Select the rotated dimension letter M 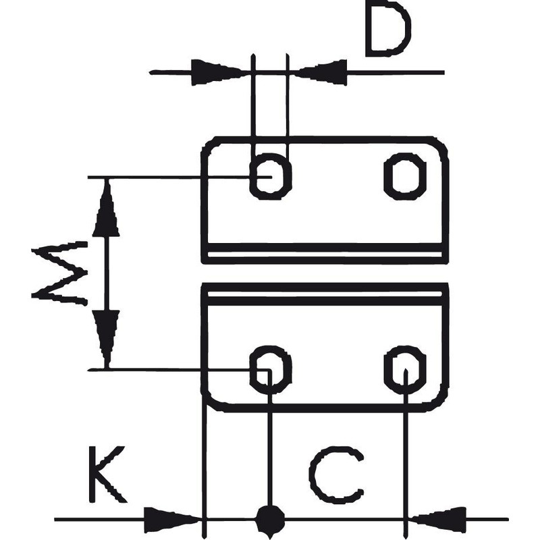[x=60, y=273]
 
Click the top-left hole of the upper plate [x=270, y=176]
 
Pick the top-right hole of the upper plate [x=405, y=176]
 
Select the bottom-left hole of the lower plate [x=270, y=369]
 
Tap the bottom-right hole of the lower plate [x=405, y=369]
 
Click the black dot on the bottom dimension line [x=270, y=519]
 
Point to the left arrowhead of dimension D [x=216, y=72]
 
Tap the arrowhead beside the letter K [x=173, y=519]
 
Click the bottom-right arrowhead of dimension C [x=439, y=519]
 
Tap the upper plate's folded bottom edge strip [x=324, y=254]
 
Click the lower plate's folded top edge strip [x=324, y=291]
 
